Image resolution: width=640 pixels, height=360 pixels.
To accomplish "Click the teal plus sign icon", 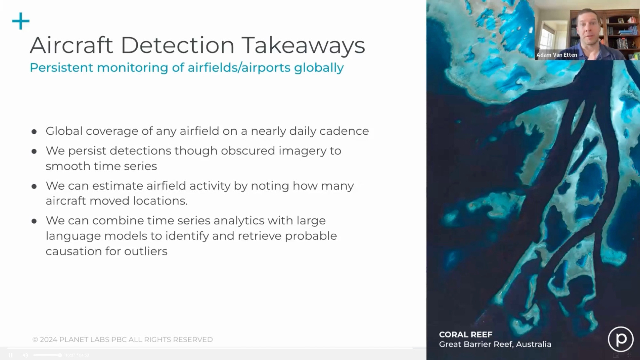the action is point(21,21).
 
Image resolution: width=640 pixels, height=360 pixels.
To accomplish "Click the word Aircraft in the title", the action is point(71,45).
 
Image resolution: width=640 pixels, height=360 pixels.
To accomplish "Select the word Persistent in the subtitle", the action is point(61,68).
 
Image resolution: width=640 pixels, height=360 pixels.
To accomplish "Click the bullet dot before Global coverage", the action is point(34,132).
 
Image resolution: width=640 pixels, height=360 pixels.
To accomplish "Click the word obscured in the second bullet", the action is point(248,151).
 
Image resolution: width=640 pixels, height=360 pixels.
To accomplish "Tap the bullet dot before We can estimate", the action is point(34,186).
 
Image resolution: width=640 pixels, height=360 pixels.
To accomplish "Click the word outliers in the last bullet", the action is point(146,251).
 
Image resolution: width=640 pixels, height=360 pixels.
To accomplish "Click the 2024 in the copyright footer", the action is point(48,340).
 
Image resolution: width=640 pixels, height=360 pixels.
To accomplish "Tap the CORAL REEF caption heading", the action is point(466,335).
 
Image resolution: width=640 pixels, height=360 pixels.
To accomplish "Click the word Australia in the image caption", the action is point(533,344).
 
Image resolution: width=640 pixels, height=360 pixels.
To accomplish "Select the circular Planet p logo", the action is point(620,339).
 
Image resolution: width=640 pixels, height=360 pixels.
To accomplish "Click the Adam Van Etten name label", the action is point(557,55).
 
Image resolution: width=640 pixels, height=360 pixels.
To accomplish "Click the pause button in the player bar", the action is point(11,355).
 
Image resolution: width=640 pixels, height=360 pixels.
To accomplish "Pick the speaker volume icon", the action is point(25,355).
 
